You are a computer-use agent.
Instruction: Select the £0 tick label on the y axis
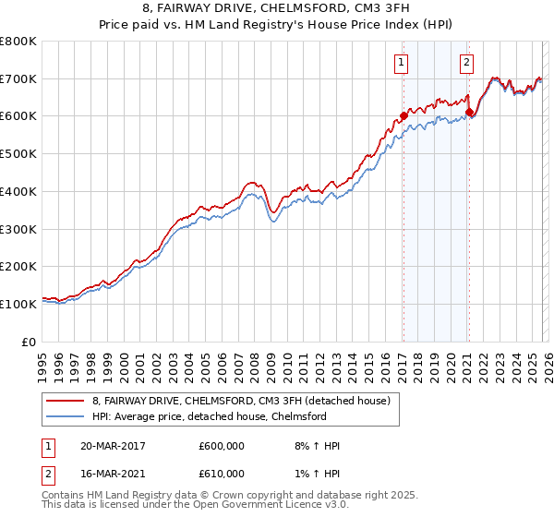[30, 342]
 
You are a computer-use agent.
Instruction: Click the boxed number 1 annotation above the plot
[403, 63]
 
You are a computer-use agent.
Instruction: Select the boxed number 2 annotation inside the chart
[467, 63]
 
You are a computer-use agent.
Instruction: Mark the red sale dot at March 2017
[403, 116]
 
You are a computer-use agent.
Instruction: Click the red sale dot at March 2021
[468, 113]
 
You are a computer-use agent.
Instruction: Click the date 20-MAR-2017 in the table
[112, 446]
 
